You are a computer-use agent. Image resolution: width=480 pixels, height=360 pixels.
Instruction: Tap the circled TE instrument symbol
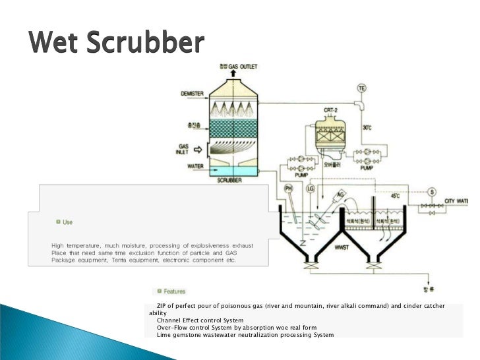(361, 88)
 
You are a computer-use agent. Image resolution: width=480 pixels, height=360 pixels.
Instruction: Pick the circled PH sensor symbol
(288, 189)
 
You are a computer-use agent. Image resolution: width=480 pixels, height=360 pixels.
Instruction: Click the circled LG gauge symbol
(311, 189)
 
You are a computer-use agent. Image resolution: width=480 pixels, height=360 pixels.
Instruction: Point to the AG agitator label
(340, 194)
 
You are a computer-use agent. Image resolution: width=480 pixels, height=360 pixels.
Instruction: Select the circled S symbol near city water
(432, 192)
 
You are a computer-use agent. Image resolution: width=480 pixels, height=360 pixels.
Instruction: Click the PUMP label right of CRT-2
(367, 168)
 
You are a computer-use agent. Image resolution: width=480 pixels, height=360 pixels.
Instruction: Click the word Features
(175, 291)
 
